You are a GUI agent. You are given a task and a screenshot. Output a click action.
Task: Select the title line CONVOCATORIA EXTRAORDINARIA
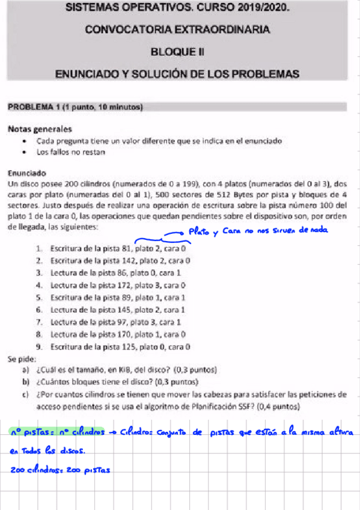177,29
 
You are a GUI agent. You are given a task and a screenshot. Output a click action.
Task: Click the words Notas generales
40,129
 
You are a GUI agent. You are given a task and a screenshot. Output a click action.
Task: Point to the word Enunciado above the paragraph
27,171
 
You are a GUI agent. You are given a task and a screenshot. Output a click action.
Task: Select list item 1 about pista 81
118,248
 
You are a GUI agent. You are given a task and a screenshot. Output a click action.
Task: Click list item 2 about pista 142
120,260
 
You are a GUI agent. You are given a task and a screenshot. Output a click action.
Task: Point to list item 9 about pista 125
120,347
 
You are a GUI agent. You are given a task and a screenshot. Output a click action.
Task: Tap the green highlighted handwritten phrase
58,431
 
